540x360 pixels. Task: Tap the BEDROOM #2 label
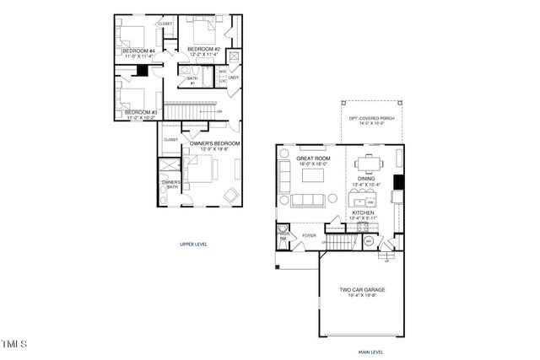[203, 50]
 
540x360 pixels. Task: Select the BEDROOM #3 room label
[139, 112]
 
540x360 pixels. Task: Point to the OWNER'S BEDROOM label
[214, 144]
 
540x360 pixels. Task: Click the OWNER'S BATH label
[171, 184]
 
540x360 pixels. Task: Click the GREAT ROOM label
[312, 159]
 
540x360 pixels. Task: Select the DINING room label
[365, 179]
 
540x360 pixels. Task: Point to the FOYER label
[309, 235]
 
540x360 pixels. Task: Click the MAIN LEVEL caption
[372, 352]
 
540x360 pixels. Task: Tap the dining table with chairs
[370, 162]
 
